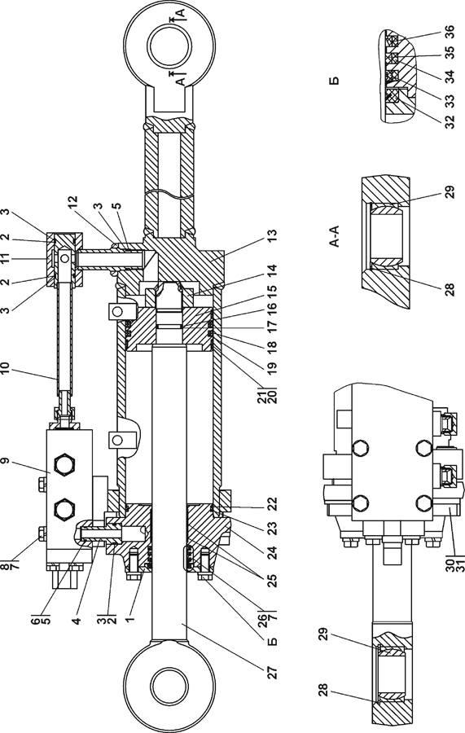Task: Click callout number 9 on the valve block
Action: point(5,460)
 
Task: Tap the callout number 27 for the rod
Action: point(273,672)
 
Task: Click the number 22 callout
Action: point(273,503)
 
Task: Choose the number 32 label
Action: point(449,122)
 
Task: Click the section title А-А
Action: point(334,236)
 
